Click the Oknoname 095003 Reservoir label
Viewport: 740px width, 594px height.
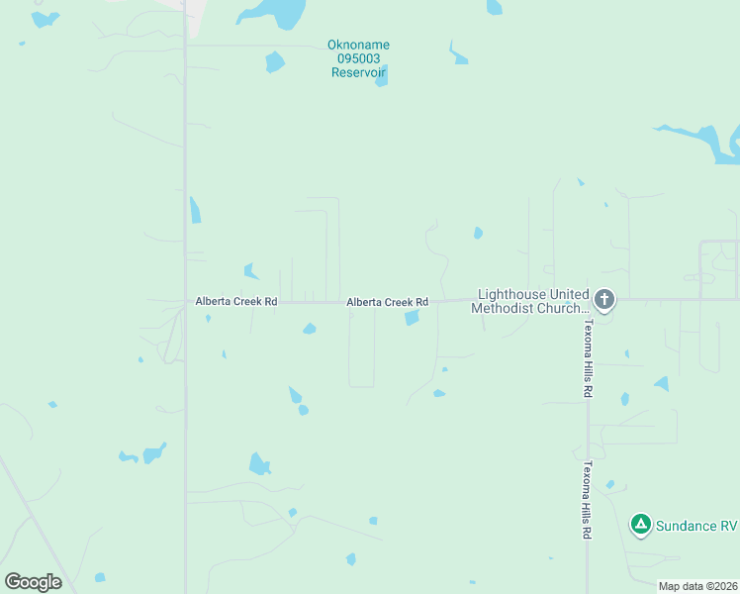(x=358, y=58)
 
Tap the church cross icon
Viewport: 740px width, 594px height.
(x=604, y=299)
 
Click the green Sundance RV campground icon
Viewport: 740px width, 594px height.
(x=641, y=524)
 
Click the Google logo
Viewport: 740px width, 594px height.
(x=34, y=581)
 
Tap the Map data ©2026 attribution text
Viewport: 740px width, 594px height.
(x=697, y=586)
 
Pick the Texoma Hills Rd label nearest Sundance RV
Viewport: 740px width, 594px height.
(x=587, y=500)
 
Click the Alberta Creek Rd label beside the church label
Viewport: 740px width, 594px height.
(x=387, y=302)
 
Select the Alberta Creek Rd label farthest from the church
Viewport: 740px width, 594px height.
(x=236, y=301)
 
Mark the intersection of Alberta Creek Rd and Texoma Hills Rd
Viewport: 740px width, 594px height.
(x=588, y=299)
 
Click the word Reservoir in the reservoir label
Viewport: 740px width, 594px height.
(x=358, y=72)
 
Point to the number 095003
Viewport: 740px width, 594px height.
(x=358, y=58)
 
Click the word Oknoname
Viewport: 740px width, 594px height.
(x=358, y=45)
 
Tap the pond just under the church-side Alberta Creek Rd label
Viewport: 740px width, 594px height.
(x=412, y=318)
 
